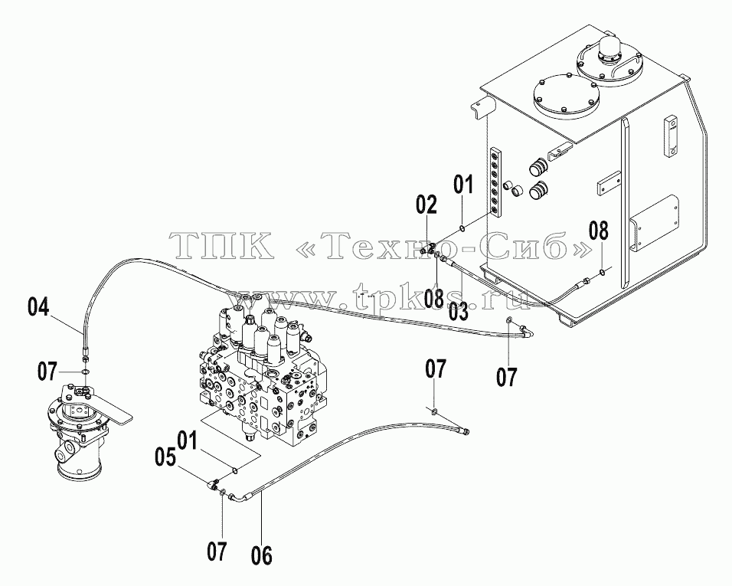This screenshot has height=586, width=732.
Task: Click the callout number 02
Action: (426, 205)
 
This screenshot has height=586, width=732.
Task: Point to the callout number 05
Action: (165, 457)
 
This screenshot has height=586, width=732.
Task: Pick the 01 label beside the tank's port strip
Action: (463, 185)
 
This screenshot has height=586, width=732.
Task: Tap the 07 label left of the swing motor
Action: (48, 372)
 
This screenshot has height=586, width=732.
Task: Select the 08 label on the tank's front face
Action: (599, 231)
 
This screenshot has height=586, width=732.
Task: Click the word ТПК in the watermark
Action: (222, 245)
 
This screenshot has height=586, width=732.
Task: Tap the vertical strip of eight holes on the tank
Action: (495, 182)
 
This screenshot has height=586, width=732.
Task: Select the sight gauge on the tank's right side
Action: (669, 138)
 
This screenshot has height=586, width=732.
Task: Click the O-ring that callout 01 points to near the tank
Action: (461, 228)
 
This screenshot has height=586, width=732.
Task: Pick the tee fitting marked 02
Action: (428, 248)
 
